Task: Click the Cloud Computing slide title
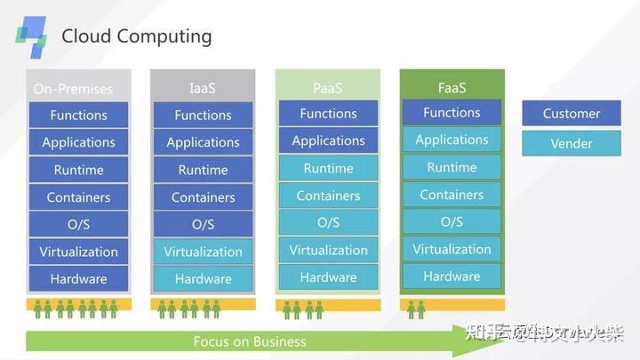(136, 36)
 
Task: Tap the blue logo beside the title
(32, 36)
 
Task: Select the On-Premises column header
(74, 89)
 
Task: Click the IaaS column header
(203, 88)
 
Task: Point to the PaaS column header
(328, 88)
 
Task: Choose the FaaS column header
(452, 87)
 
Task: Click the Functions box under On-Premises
(78, 115)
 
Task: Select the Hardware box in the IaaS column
(203, 278)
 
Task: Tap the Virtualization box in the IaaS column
(203, 252)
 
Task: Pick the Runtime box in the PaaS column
(328, 168)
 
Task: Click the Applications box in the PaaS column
(328, 140)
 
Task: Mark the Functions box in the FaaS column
(452, 113)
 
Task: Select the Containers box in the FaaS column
(452, 195)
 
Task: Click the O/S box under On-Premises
(78, 224)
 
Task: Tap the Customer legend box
(572, 113)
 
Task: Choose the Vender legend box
(572, 143)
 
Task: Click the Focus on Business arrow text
(249, 341)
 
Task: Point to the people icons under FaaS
(416, 308)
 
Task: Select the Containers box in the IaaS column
(203, 197)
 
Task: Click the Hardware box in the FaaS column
(452, 276)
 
